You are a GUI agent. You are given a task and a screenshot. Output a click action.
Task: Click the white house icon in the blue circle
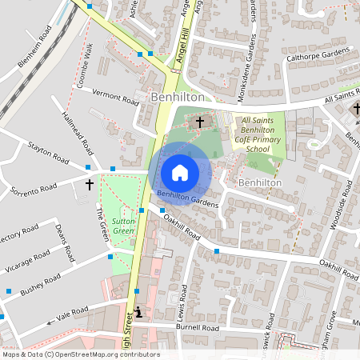[180, 172]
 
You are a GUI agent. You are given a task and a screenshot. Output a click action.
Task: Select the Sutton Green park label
[122, 226]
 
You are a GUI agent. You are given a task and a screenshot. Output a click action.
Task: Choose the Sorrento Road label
[34, 190]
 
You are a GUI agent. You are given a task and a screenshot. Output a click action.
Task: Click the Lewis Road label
[186, 300]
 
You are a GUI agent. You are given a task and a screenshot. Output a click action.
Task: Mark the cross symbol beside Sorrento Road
[89, 183]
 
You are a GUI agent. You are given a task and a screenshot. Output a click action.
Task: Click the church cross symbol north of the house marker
[199, 122]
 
